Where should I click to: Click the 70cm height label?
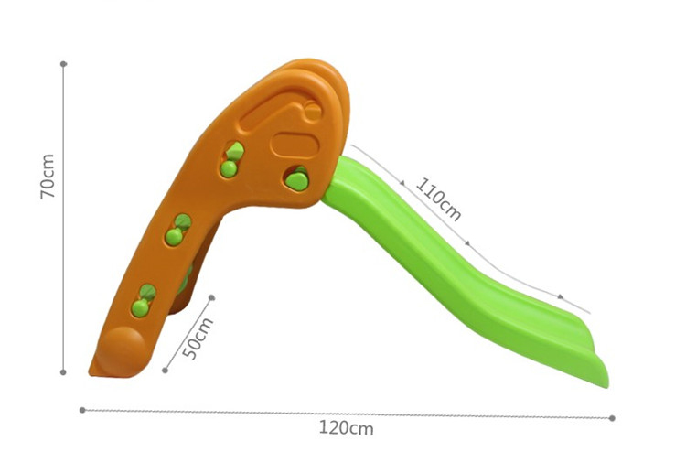coord(48,177)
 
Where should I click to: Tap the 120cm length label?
coord(346,427)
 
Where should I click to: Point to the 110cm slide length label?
coord(438,199)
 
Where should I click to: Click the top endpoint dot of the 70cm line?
coord(63,64)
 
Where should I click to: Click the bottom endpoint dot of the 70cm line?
coord(63,372)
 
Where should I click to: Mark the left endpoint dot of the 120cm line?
coord(82,410)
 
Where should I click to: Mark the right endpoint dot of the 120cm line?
coord(612,417)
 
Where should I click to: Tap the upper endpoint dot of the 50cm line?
coord(212,297)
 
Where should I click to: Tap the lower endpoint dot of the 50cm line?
coord(166,371)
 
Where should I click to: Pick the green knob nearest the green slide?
coord(295,178)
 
